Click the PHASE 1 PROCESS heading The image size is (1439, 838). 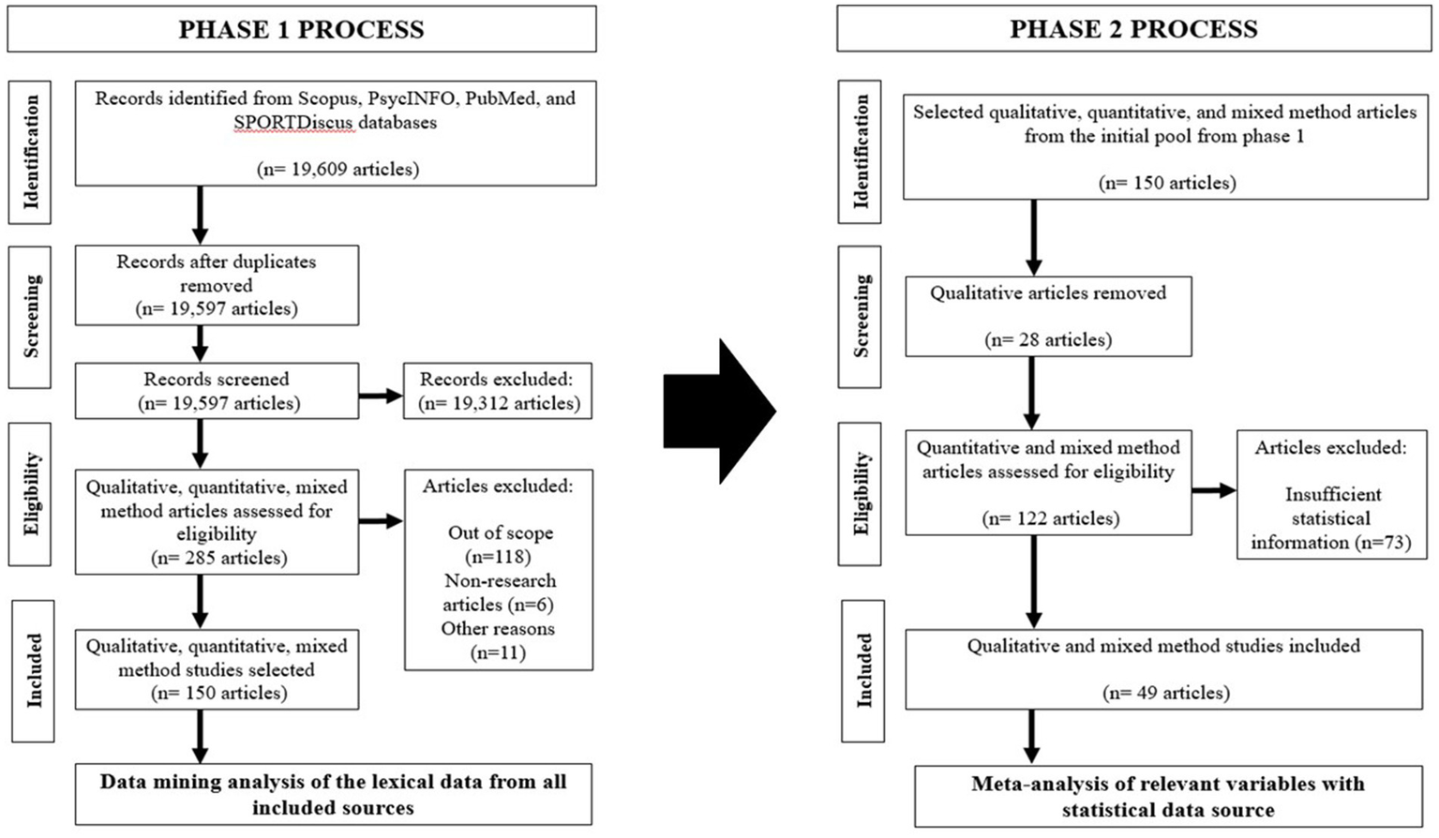pos(301,29)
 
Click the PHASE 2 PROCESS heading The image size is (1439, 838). pos(1132,29)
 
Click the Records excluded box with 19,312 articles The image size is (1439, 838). pos(499,392)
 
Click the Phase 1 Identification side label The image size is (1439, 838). pos(30,152)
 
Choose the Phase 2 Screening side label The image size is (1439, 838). pos(860,316)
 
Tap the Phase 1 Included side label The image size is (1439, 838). pos(33,671)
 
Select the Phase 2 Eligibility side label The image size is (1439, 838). pos(860,494)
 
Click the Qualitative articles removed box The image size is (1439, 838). pos(1048,316)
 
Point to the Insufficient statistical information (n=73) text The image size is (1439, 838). pos(1331,518)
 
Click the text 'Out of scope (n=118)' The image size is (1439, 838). pos(499,545)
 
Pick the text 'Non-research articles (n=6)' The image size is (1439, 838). pos(499,592)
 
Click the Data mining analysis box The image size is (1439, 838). pos(333,794)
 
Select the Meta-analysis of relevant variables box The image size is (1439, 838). pos(1167,797)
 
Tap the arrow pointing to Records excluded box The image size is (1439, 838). pos(381,396)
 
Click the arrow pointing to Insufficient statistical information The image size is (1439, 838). pos(1214,490)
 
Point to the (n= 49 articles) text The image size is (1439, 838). pos(1166,694)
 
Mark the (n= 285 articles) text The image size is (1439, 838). pos(217,558)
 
